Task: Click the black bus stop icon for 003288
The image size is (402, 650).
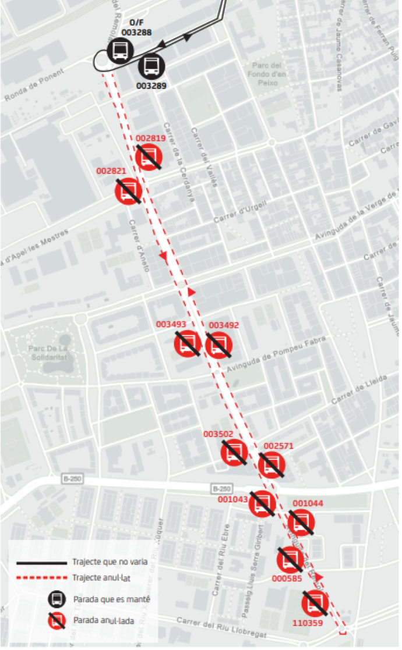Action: pos(121,50)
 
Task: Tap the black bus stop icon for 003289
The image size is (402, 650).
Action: pos(151,66)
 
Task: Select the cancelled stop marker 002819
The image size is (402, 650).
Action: pos(149,157)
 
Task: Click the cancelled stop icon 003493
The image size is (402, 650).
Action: pos(188,343)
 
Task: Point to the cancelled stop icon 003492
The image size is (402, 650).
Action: pos(219,344)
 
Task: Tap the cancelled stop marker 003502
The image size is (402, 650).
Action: pos(235,452)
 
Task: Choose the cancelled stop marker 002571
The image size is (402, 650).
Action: pos(272,465)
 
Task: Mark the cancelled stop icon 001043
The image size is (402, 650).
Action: pos(262,504)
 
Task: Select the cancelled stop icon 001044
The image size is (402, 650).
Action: pos(302,523)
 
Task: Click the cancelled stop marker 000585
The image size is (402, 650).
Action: pos(290,560)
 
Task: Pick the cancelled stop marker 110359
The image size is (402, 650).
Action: pos(316,603)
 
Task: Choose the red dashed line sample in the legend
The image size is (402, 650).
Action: pos(41,578)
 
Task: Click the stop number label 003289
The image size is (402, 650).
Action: pos(151,86)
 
